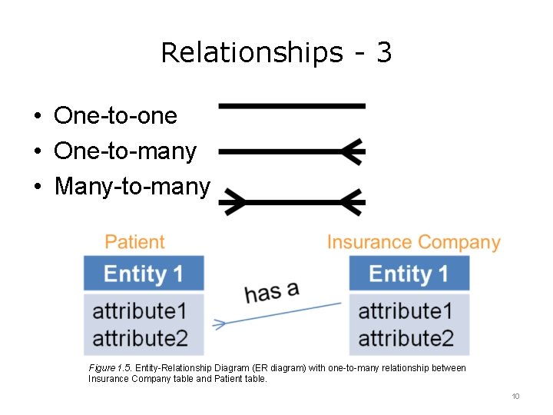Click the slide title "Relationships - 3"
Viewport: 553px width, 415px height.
[276, 53]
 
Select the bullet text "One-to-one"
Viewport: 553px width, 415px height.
[115, 116]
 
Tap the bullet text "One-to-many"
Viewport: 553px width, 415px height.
[125, 151]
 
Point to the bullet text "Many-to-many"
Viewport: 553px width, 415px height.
[132, 186]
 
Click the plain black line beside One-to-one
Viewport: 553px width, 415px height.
[292, 105]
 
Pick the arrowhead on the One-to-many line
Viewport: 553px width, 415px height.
[352, 151]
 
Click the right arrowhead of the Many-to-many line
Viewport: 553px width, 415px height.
[353, 203]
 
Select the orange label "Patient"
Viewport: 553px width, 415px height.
[134, 242]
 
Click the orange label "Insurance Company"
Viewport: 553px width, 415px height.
[413, 243]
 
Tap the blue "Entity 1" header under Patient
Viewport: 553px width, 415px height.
[144, 274]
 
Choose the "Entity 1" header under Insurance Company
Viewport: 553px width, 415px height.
[409, 274]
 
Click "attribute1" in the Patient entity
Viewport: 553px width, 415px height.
[140, 311]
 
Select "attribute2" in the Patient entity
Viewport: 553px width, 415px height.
[140, 338]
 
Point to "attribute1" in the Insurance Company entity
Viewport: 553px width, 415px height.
[406, 311]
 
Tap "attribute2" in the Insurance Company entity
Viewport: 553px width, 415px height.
[406, 338]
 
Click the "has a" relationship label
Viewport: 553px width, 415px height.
[271, 290]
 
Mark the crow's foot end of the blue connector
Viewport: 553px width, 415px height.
[220, 324]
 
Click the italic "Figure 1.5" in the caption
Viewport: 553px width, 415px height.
[111, 368]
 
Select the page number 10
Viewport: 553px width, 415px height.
[515, 396]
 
